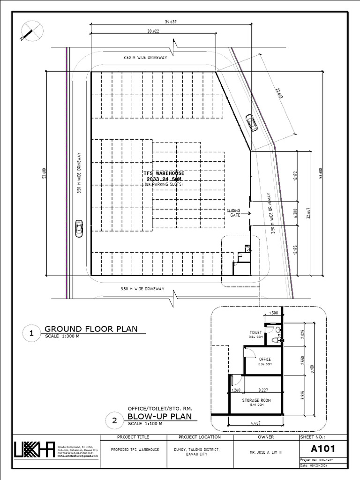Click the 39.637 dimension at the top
tap(170, 22)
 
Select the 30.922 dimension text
tap(153, 31)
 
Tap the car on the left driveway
tap(79, 228)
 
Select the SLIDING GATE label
tap(233, 212)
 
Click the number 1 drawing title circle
tap(31, 334)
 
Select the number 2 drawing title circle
tap(114, 421)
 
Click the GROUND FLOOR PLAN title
tap(91, 329)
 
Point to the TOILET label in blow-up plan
tap(255, 332)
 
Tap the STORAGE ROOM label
tap(256, 400)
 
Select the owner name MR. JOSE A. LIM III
tap(265, 453)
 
